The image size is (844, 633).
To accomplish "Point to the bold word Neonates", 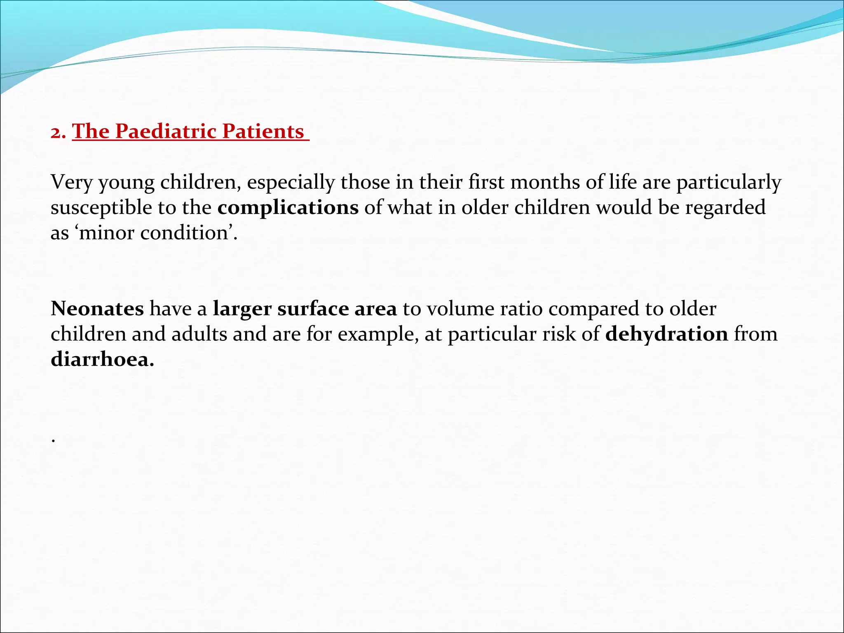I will (x=97, y=309).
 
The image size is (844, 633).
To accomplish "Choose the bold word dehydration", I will (x=666, y=334).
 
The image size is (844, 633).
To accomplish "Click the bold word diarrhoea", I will (x=102, y=359).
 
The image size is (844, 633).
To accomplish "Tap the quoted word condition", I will (x=184, y=233).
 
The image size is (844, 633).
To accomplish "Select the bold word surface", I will (x=313, y=309).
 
